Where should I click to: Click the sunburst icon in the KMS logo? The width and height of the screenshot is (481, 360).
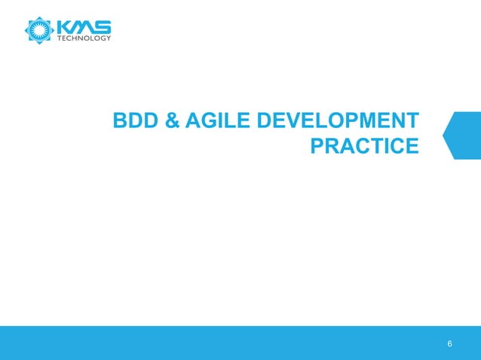38,29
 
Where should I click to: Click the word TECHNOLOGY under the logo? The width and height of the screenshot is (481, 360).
84,38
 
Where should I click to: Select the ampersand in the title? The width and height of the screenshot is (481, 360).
170,121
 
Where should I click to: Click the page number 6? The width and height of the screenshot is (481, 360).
450,344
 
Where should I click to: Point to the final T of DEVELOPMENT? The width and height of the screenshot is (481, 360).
411,121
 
